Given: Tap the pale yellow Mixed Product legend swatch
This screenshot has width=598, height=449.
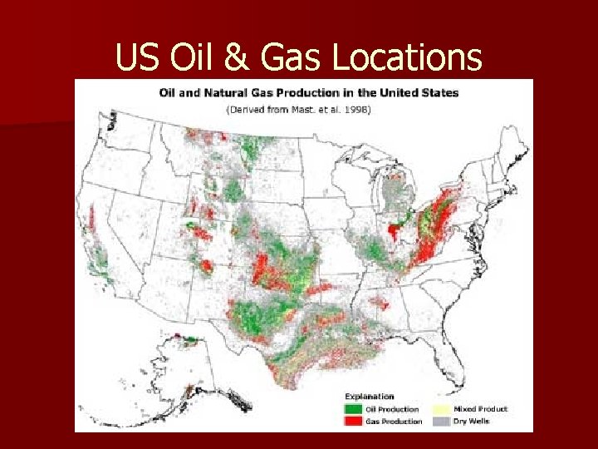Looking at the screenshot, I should pos(442,409).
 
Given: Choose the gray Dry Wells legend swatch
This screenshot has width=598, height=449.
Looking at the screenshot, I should pos(442,422).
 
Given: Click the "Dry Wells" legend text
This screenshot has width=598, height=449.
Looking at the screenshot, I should pos(473,422).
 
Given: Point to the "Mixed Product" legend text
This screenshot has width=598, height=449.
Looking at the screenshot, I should pos(481,409).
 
